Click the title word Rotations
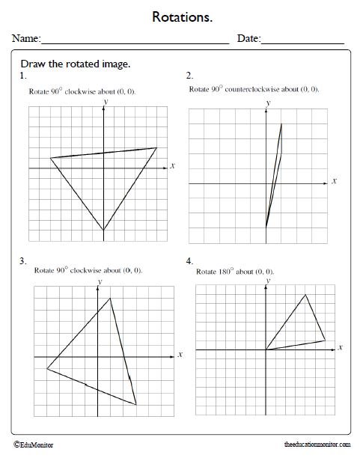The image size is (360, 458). click(180, 16)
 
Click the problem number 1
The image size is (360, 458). click(23, 76)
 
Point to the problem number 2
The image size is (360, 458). click(189, 76)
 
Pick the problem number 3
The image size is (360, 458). click(23, 261)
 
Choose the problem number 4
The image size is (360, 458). click(189, 261)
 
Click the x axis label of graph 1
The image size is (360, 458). click(172, 165)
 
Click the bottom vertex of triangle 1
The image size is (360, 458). click(103, 230)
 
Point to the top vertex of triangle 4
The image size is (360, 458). click(305, 294)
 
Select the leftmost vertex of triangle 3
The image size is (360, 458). click(46, 369)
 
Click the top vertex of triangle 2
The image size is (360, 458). click(281, 123)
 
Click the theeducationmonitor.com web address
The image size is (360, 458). click(317, 444)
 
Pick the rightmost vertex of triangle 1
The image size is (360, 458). click(157, 147)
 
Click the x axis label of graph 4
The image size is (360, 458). click(341, 348)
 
